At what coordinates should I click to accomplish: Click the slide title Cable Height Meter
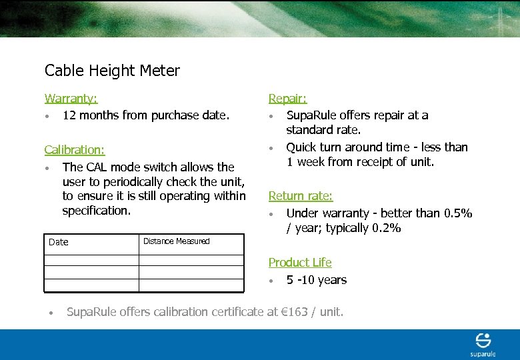112,70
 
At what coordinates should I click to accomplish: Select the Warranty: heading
71,99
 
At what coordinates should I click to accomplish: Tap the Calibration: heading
75,150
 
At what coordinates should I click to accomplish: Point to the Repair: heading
287,99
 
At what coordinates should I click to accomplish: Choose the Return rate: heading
300,196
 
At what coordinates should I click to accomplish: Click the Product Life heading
299,263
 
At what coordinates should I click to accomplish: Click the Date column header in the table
59,242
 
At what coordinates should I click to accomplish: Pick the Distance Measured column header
176,241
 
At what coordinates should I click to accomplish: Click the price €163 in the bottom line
294,311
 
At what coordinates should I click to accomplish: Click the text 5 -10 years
317,280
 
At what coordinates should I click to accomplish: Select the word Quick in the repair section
302,147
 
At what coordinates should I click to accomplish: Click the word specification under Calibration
96,211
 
